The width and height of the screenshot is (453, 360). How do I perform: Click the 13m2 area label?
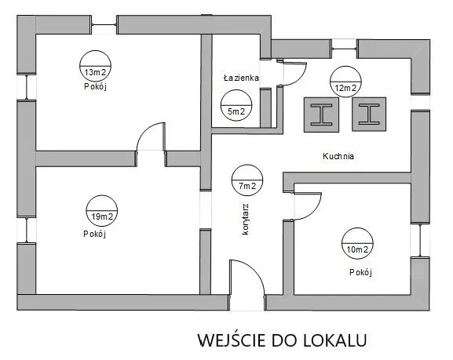[95, 67]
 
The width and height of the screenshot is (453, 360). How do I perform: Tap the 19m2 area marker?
[102, 211]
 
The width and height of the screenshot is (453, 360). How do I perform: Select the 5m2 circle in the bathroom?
[236, 106]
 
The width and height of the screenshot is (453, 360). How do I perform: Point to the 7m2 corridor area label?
[247, 180]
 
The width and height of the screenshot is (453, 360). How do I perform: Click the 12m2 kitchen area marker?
[345, 82]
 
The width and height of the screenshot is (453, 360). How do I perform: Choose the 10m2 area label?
[357, 244]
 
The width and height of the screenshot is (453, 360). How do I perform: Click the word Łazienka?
[241, 78]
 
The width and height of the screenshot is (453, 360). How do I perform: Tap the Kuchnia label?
[338, 156]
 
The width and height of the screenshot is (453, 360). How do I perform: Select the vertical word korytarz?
[245, 219]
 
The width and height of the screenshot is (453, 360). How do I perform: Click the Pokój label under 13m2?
[96, 86]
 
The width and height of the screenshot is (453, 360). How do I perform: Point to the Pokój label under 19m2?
[95, 234]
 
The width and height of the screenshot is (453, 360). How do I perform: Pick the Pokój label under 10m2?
[361, 272]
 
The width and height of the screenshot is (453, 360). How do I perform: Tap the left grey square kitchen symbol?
[321, 115]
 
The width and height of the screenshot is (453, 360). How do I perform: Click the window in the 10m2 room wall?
[420, 240]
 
